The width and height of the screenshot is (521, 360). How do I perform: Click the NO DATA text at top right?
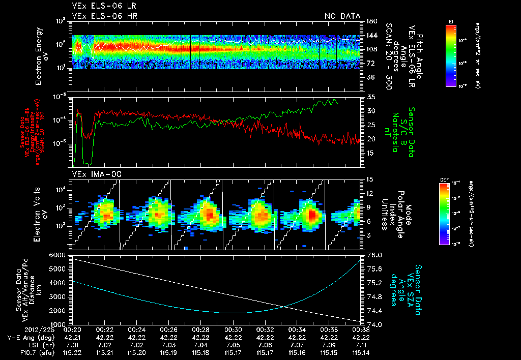tap(342, 16)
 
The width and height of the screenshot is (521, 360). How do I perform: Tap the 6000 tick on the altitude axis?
tap(60, 255)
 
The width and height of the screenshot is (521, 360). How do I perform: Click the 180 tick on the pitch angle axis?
tap(370, 21)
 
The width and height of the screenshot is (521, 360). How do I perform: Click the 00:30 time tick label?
tap(233, 329)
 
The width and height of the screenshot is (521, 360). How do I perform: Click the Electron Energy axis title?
tap(41, 55)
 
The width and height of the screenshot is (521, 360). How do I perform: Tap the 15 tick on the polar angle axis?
tap(370, 179)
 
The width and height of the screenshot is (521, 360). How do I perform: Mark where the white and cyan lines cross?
tap(284, 306)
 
